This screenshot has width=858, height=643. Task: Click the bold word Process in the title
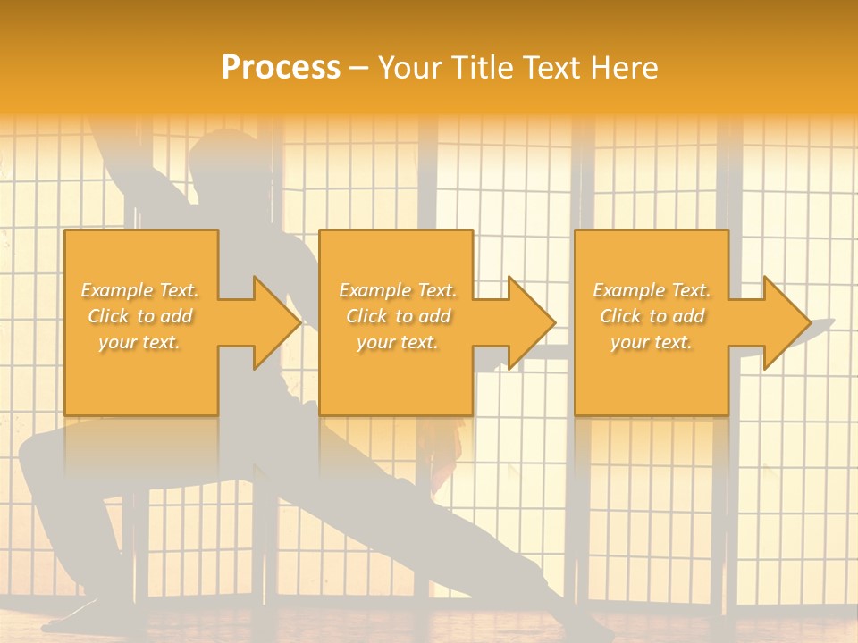tap(281, 68)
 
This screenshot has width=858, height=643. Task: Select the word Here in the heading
tap(623, 68)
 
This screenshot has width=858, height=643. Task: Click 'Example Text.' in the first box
tap(140, 290)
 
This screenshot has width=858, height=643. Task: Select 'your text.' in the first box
tap(140, 342)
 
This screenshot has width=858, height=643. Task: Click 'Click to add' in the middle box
tap(398, 316)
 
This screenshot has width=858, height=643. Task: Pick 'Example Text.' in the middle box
tap(398, 290)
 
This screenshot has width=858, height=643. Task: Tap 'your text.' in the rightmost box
tap(652, 342)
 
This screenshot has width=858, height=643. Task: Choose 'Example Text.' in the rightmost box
tap(652, 290)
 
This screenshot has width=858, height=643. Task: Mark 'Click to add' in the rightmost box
tap(652, 316)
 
